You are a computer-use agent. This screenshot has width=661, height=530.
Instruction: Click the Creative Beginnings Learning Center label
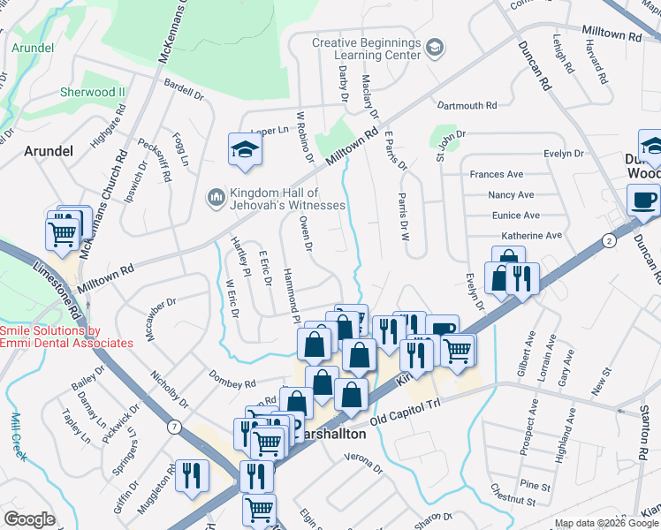coord(366,49)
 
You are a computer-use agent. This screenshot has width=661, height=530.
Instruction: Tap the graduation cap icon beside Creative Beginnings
coord(434,46)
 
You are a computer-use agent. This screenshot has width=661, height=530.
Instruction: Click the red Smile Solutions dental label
coord(66,337)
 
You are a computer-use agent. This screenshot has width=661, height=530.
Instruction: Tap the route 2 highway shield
coord(608,240)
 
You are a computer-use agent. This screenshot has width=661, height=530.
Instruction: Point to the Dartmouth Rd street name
coord(467,106)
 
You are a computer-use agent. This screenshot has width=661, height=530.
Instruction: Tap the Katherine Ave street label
coord(531,236)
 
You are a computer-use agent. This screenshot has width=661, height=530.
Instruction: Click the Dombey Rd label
coord(232,383)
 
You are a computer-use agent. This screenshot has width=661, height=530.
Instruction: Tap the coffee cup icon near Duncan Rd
coord(643,200)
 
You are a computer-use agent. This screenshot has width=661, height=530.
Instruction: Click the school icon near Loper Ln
coord(245,149)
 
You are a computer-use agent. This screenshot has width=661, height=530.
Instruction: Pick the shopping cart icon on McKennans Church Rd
coord(63,234)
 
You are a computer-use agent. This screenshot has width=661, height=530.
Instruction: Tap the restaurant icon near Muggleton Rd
coord(191,475)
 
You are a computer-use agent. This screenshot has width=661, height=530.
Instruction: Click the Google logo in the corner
coord(29,519)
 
